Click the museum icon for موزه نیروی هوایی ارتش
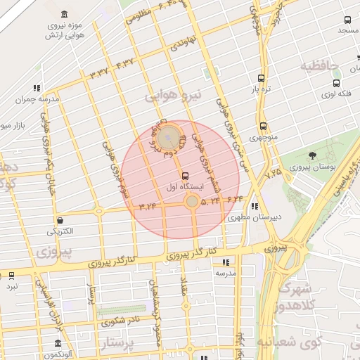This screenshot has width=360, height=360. (x=65, y=15)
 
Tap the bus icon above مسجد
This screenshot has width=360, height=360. (x=347, y=20)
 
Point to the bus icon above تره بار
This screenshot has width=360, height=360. (x=262, y=79)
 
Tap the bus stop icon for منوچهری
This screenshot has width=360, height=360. (x=263, y=127)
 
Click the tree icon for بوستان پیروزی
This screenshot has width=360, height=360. (x=311, y=156)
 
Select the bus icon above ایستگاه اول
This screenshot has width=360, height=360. (x=185, y=176)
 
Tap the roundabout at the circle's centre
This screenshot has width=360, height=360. (x=191, y=202)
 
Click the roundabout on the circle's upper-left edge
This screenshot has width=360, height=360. (x=167, y=137)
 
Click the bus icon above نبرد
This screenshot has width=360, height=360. (x=11, y=276)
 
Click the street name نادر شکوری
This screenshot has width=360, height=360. (x=119, y=322)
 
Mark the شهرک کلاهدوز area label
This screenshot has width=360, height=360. (x=288, y=298)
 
